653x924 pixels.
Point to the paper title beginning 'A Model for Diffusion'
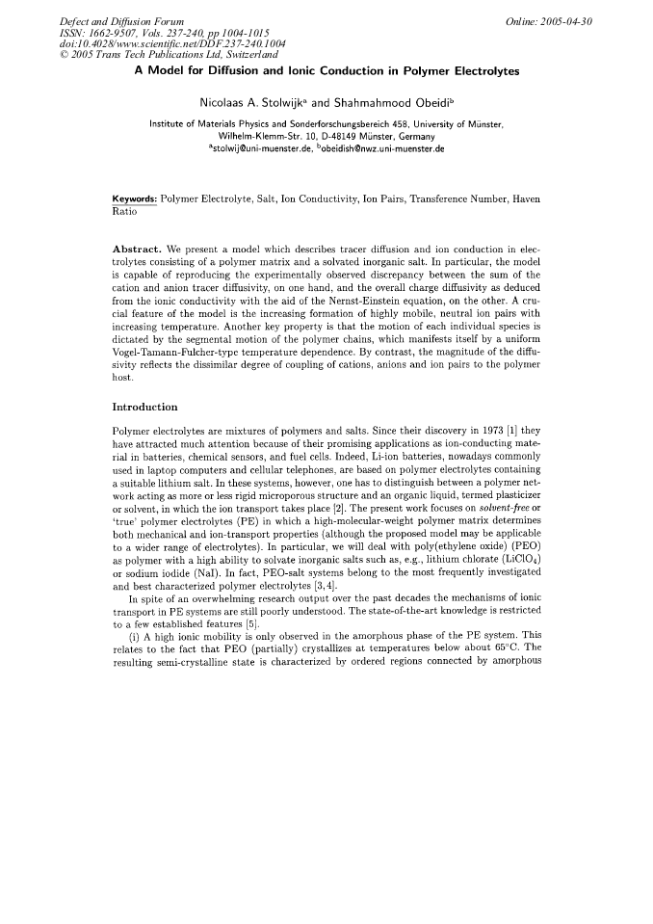[x=326, y=71]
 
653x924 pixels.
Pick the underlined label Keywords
[x=134, y=198]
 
